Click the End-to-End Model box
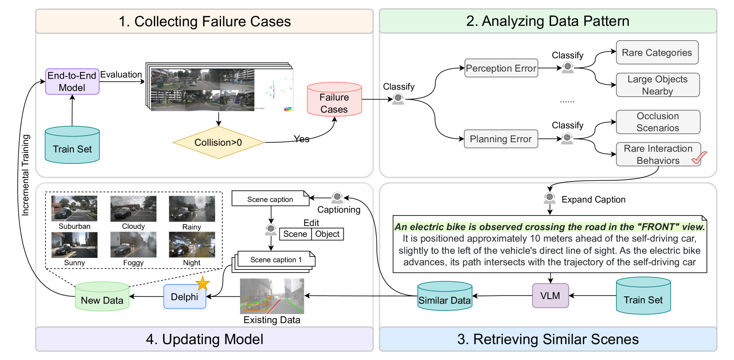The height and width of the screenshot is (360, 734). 72,82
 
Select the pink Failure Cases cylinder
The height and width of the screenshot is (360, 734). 334,100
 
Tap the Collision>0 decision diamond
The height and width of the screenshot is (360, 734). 218,143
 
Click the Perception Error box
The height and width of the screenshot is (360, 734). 501,68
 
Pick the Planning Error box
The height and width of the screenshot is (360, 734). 501,139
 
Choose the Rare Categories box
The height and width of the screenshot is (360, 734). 657,53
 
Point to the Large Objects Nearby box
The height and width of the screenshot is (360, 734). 658,85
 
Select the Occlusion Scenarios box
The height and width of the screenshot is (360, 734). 658,122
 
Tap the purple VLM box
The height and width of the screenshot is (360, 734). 550,296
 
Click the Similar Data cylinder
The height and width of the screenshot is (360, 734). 445,296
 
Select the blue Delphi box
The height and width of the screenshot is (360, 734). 185,297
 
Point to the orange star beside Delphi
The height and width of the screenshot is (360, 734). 202,283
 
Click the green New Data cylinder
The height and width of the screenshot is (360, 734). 102,297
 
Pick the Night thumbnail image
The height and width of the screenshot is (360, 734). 192,245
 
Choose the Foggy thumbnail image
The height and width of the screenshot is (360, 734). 133,245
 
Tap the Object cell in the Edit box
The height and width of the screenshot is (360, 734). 327,234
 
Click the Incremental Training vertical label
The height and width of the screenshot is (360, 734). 26,175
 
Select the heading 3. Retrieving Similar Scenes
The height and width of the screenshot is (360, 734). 548,339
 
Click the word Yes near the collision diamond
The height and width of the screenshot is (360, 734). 301,139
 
